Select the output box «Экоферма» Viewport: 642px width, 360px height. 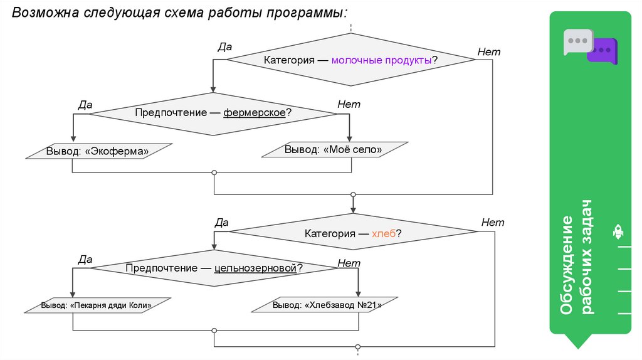(98, 151)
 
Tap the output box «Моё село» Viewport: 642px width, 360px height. (333, 150)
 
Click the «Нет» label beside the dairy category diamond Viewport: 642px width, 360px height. (489, 52)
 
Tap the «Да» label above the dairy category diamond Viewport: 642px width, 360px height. (224, 46)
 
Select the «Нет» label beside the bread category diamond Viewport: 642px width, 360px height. (493, 222)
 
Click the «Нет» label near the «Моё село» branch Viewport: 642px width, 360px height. (349, 104)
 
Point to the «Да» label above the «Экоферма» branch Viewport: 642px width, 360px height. (85, 104)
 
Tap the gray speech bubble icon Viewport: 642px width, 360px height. (576, 41)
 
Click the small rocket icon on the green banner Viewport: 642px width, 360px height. (618, 233)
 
